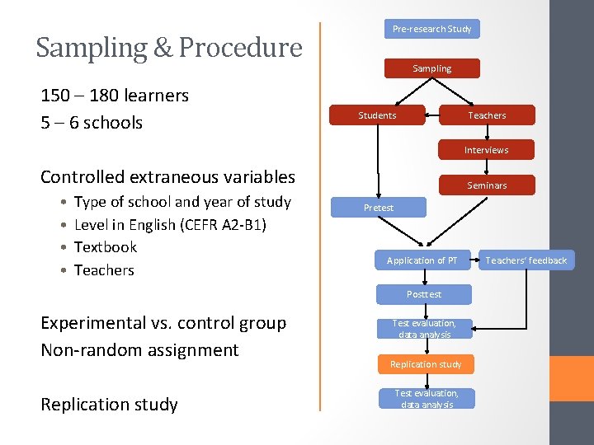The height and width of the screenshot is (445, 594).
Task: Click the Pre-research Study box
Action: coord(431,29)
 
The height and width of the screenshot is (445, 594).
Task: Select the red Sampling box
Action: coord(431,68)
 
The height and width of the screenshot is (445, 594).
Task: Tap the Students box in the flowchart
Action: coord(377,115)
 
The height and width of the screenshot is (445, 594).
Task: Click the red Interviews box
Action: coord(486,150)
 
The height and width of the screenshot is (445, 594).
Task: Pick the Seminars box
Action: coord(487,185)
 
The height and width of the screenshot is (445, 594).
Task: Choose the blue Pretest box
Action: coord(379,208)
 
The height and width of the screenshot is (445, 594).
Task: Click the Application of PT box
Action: coord(422,260)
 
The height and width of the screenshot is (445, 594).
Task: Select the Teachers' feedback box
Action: coord(526,260)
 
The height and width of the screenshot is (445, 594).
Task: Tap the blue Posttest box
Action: coord(424,294)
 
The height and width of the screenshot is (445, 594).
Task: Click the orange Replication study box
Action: coord(426,364)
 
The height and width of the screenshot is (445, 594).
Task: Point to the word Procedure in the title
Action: coord(240,48)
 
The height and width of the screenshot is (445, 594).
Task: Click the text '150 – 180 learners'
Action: coord(115,96)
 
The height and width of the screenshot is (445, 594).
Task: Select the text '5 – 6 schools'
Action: coord(92,123)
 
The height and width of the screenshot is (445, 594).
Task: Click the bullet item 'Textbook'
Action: coord(106,247)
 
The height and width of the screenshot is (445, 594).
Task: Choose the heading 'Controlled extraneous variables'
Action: coord(167,176)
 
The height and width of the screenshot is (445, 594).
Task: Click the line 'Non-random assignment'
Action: coord(139,350)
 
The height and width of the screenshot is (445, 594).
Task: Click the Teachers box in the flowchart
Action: coord(487,115)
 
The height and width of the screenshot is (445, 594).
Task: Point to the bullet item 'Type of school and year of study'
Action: coord(182,202)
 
